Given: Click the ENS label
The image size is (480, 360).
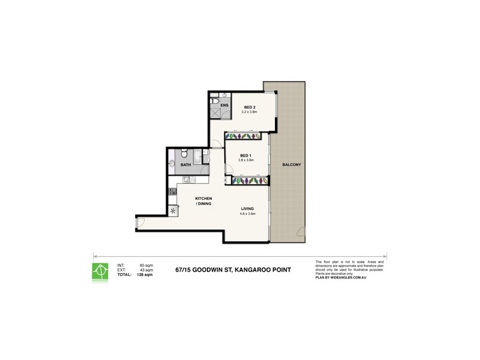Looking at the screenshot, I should (224, 106).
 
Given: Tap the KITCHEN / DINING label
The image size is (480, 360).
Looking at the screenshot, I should (204, 201).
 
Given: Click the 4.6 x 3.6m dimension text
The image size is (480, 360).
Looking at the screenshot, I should (248, 214).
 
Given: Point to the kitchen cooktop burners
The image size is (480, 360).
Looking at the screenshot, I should (173, 191).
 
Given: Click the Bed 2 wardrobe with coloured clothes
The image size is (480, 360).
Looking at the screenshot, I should (243, 136).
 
